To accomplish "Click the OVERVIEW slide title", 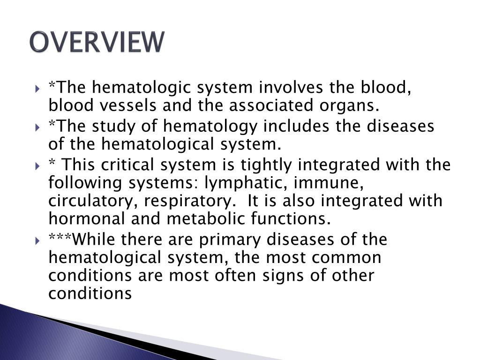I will (x=97, y=42).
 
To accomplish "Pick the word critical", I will (x=127, y=165).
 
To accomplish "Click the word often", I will (x=233, y=276).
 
